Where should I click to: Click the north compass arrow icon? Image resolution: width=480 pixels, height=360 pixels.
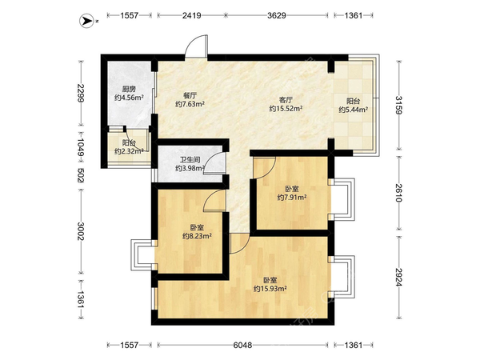[86, 21]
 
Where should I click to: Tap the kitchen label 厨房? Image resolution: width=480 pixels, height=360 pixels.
[129, 90]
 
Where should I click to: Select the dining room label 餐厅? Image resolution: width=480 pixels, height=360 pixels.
[190, 95]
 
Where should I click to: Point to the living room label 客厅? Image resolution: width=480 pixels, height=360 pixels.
[286, 100]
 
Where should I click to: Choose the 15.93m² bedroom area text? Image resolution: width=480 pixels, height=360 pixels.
[270, 288]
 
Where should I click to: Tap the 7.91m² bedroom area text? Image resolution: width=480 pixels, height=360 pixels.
[292, 198]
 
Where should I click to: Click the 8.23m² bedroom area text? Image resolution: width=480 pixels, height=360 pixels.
[197, 236]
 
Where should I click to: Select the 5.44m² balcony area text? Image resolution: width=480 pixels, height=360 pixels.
[354, 110]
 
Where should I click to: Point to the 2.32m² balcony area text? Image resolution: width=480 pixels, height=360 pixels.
[129, 151]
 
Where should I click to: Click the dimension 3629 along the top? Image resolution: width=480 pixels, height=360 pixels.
[277, 15]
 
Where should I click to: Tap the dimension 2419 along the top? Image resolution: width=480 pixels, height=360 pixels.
[192, 15]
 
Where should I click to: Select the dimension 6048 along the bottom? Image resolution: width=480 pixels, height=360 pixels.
[242, 346]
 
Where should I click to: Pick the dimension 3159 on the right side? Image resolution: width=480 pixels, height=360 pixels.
[398, 105]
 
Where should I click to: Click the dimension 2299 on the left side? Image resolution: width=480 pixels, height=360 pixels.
[81, 93]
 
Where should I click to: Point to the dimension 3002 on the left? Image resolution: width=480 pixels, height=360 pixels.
[81, 231]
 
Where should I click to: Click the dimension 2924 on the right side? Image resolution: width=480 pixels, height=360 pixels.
[398, 278]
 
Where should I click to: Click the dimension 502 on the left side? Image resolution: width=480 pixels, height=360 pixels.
[81, 175]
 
